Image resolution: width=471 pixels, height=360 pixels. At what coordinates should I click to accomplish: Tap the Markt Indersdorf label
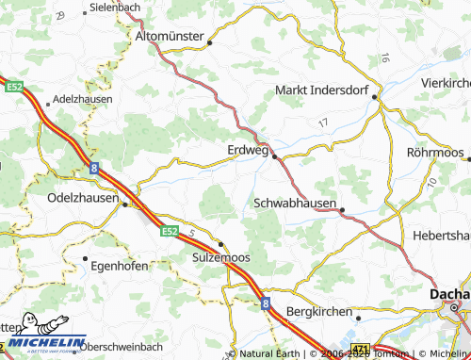tap(320, 90)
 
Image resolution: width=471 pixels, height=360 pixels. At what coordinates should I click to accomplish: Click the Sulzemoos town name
tap(222, 256)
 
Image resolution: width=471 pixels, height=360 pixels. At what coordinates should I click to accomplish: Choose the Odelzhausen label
tap(83, 198)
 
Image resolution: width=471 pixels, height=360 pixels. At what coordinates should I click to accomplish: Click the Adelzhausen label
tap(84, 98)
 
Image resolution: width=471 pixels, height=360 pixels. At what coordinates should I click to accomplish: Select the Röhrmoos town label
tap(436, 152)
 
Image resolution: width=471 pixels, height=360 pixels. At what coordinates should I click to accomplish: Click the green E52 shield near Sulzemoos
tap(169, 230)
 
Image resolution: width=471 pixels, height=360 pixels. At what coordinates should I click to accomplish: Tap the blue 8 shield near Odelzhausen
tap(95, 167)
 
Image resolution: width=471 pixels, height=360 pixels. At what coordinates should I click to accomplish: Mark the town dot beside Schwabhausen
tap(343, 210)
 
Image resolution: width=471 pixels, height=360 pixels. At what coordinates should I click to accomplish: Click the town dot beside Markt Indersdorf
tap(375, 97)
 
